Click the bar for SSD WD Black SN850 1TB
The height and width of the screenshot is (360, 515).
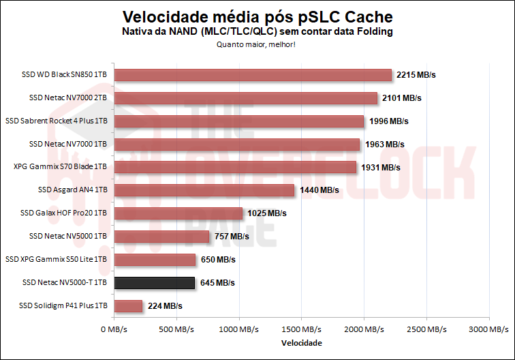[x=253, y=75]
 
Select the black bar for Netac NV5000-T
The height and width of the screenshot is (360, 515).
[x=155, y=282]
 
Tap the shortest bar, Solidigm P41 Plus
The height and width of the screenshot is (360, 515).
[x=128, y=306]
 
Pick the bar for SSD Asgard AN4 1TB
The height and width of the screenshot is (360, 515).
[x=204, y=190]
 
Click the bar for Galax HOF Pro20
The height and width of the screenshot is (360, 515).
[x=178, y=213]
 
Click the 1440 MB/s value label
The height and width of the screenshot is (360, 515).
[x=319, y=190]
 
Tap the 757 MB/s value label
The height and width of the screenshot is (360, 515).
[x=231, y=237]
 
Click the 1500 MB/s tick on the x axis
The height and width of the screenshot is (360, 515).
[x=301, y=329]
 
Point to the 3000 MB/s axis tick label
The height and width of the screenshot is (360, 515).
[x=488, y=329]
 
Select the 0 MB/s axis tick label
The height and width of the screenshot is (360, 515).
[x=114, y=329]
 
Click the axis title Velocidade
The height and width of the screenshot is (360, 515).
[x=301, y=342]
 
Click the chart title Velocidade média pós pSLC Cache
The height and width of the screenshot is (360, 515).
[x=257, y=16]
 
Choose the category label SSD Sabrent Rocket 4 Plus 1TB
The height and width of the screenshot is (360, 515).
[x=56, y=121]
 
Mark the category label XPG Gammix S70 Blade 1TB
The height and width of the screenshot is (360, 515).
[x=61, y=167]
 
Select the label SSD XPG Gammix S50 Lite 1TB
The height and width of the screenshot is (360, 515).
[x=56, y=259]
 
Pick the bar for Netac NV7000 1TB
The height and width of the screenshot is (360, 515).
[x=237, y=145]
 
